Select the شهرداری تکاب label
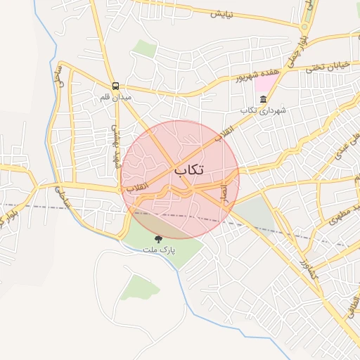pos(264,110)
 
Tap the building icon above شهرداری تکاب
pos(264,99)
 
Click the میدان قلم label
pos(115,96)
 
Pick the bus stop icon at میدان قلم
pos(115,85)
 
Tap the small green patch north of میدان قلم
pos(145,49)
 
